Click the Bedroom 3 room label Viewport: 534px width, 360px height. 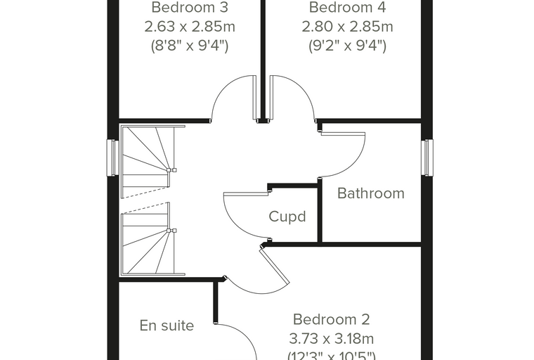coord(190,8)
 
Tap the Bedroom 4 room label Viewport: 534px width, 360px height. coord(347,8)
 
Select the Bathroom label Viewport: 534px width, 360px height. coord(371,193)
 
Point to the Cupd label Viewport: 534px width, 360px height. coord(287,217)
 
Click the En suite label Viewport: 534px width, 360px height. coord(167,326)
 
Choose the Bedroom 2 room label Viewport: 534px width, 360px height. coord(331,319)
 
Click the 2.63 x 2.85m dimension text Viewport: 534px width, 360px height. coord(190,27)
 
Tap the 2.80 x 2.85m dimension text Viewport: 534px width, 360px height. coord(347,27)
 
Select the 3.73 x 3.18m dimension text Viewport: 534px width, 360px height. coord(331,339)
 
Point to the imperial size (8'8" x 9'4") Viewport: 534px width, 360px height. coord(190,45)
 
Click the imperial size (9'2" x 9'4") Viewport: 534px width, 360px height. coord(347,45)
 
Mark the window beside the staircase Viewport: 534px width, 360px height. coord(112,157)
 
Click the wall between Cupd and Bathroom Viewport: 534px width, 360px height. coord(320,211)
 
